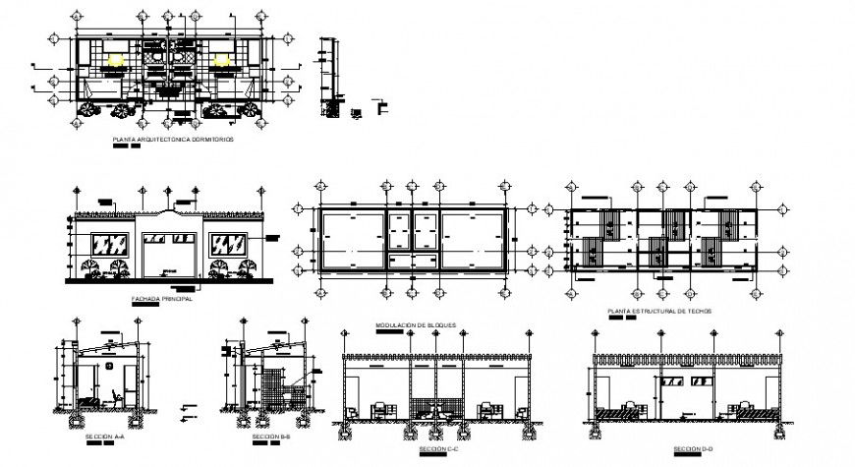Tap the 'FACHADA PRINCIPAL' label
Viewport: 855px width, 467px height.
click(162, 298)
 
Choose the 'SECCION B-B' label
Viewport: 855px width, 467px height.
click(270, 435)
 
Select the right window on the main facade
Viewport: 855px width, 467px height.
click(232, 244)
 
